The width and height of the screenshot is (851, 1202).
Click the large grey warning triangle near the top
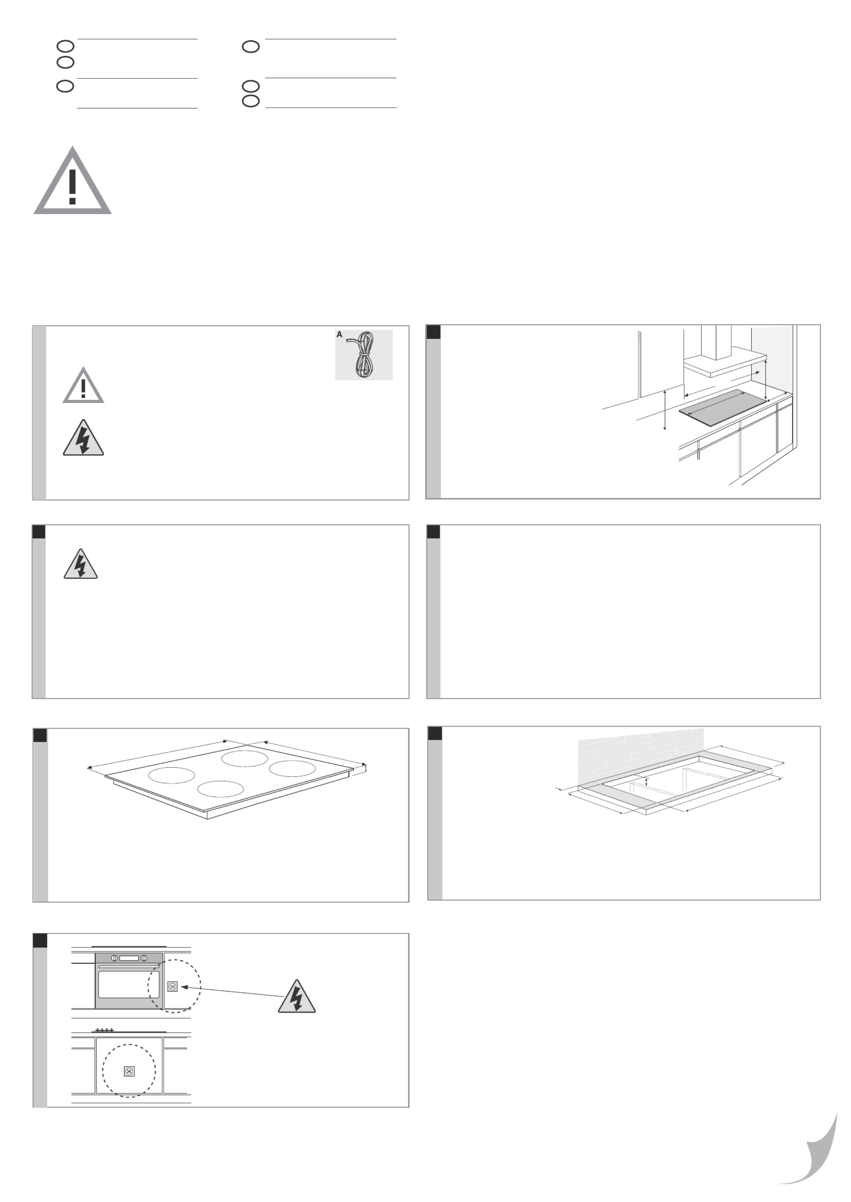click(72, 181)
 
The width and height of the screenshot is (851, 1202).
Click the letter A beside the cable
click(339, 334)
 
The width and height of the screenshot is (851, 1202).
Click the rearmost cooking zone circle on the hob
click(245, 758)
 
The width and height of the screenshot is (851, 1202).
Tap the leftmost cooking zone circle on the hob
click(172, 775)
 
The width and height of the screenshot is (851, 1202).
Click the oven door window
click(129, 985)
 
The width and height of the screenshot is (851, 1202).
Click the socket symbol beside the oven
click(172, 987)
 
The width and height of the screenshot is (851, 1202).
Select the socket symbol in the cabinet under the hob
click(129, 1071)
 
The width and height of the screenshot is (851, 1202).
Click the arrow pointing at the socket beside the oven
click(233, 992)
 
